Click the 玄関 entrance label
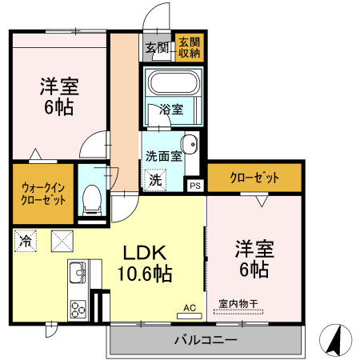(157, 48)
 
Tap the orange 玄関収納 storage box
(190, 48)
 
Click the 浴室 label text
(171, 108)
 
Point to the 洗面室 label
(163, 157)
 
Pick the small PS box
(194, 186)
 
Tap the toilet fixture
(91, 197)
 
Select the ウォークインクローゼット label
(43, 193)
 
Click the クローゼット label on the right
(254, 177)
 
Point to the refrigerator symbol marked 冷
(26, 239)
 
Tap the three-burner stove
(78, 308)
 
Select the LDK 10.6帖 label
(146, 262)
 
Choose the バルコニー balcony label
(206, 341)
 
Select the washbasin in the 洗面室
(189, 145)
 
